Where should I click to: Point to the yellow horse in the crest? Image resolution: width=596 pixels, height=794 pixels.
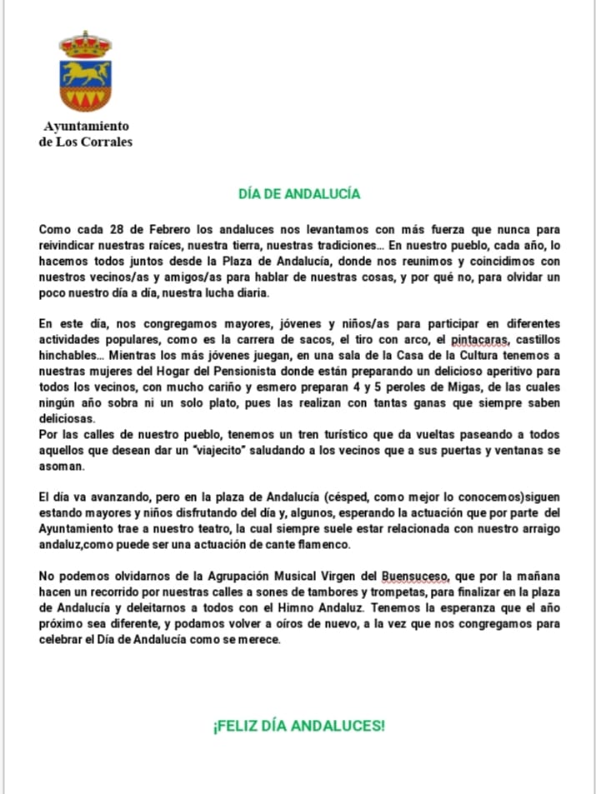[85, 74]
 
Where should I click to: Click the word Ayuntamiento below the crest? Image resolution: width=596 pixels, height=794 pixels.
[87, 127]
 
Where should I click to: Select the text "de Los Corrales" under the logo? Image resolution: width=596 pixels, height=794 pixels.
[86, 142]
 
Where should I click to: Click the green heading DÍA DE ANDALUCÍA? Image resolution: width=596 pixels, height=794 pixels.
[299, 193]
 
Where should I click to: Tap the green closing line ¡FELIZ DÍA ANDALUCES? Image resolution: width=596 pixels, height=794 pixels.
[299, 726]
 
